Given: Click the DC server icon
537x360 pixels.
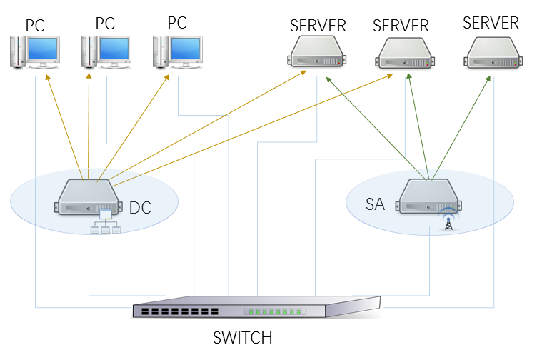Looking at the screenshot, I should point(88,199).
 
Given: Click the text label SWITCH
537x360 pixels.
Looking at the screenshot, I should point(243,337).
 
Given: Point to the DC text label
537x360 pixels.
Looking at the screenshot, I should point(141,209).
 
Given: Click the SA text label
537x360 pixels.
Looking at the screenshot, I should point(375,205).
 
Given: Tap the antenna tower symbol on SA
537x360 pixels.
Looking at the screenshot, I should point(448,221).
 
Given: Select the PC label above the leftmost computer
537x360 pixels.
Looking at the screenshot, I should point(35,26).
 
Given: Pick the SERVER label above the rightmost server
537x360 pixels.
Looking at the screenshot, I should point(491,23).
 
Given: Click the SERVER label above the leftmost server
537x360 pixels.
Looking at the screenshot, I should point(318,26).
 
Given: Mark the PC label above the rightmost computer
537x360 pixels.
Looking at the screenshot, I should point(177,23).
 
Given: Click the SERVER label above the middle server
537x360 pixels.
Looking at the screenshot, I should point(401,26).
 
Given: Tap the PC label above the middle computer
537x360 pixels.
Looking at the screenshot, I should point(105,23).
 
